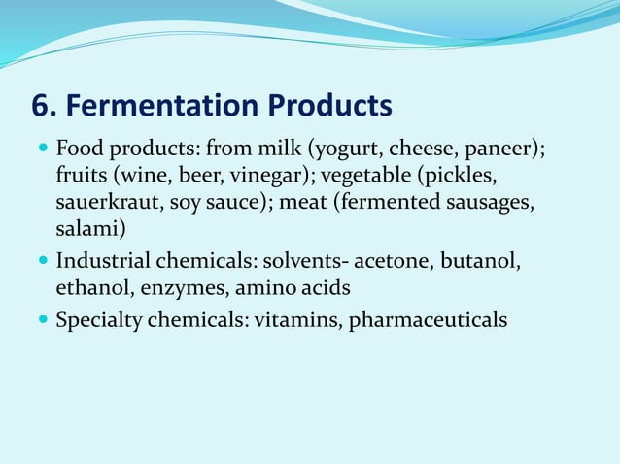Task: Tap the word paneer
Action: (500, 150)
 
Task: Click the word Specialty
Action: (98, 318)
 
